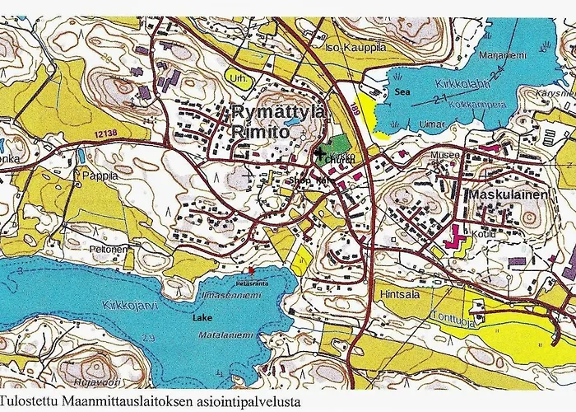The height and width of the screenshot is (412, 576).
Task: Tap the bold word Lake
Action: click(202, 316)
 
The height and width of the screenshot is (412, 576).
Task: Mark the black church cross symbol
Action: click(320, 152)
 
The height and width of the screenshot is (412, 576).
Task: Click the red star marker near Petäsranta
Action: click(253, 270)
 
